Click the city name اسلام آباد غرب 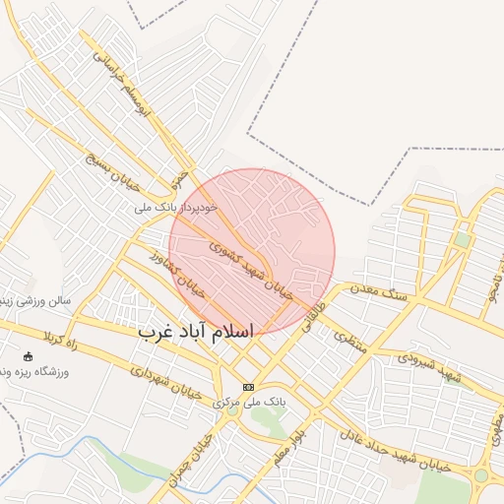pos(197,332)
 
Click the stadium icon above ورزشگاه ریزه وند pos(28,356)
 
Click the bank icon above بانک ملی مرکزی pos(248,387)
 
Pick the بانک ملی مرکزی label pos(248,404)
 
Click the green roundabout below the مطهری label pos(480,475)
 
